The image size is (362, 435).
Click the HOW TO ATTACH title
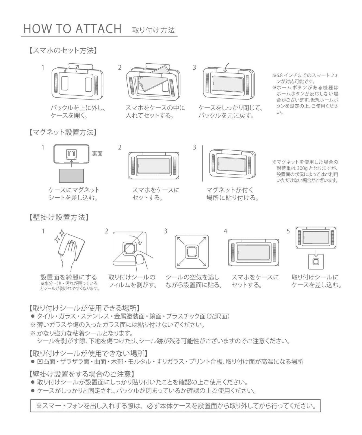tap(72, 29)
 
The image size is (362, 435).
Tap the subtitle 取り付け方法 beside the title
tap(153, 30)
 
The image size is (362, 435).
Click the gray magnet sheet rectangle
tap(71, 175)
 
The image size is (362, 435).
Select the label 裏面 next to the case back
tap(97, 154)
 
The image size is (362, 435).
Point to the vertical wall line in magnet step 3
tap(203, 163)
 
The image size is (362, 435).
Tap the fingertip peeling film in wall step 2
tap(140, 257)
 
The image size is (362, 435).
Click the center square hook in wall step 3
tap(192, 251)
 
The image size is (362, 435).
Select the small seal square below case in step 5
tap(315, 262)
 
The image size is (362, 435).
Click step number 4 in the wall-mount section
tap(225, 231)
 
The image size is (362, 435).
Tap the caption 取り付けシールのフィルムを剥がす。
tap(132, 281)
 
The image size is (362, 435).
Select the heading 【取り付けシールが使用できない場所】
tap(88, 353)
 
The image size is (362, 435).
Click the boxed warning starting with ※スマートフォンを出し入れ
tap(175, 406)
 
